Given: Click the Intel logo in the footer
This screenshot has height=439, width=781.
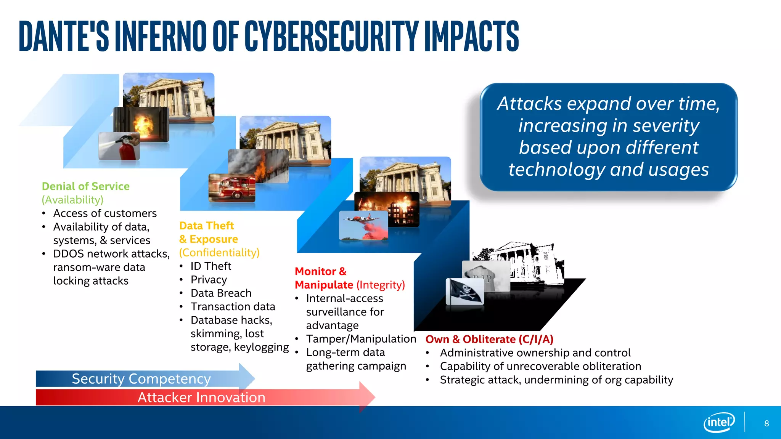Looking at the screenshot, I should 719,422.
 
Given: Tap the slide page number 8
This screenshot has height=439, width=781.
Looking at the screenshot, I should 767,423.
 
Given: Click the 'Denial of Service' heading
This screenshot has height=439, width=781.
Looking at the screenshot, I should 85,186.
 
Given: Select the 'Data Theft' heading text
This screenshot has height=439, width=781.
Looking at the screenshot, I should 206,226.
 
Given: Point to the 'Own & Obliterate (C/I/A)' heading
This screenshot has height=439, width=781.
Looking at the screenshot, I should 489,339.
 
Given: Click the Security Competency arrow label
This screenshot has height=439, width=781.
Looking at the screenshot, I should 141,379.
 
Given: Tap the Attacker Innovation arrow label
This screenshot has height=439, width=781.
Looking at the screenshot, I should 201,397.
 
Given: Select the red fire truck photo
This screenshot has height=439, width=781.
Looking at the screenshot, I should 232,188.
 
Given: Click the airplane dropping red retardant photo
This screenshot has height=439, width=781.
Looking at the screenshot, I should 363,225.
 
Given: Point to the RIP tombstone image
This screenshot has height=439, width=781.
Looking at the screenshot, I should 486,275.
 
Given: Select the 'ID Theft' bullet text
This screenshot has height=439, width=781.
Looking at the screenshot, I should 211,266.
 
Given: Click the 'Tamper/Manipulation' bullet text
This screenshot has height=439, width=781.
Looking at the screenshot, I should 361,339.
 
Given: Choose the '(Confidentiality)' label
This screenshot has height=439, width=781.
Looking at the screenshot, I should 219,253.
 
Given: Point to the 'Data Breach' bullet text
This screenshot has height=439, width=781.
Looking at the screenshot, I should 221,293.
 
